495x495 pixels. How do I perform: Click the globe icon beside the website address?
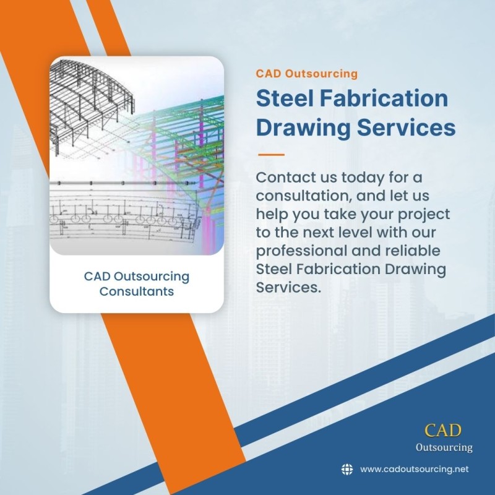click(347, 469)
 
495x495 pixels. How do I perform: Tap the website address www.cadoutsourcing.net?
click(414, 469)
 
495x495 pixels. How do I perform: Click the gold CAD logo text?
click(443, 430)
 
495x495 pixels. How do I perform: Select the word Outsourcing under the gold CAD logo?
click(444, 447)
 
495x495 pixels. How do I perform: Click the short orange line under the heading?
click(271, 155)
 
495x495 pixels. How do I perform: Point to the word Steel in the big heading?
click(285, 98)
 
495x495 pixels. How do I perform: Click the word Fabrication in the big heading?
click(384, 98)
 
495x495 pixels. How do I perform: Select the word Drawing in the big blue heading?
click(303, 128)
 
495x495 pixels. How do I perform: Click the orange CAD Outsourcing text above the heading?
click(306, 74)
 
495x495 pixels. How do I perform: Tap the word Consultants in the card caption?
click(137, 291)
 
